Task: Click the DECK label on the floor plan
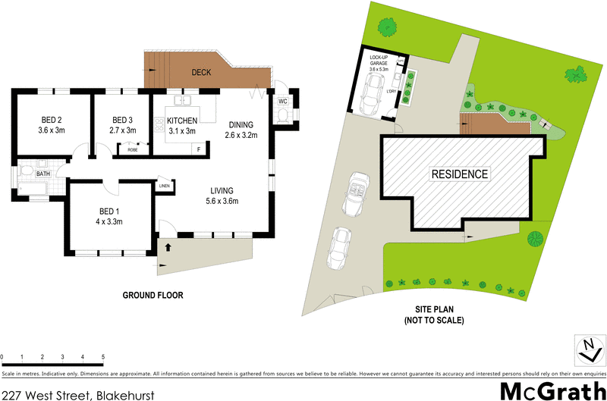[x=201, y=73]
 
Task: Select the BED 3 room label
[x=122, y=120]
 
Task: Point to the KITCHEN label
[x=182, y=121]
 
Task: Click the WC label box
[x=282, y=101]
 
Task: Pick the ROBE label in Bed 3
[x=132, y=149]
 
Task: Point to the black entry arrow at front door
[x=168, y=246]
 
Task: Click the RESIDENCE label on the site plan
[x=460, y=174]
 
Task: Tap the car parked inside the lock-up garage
[x=373, y=93]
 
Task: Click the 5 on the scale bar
[x=102, y=356]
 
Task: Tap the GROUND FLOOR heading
[x=154, y=295]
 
